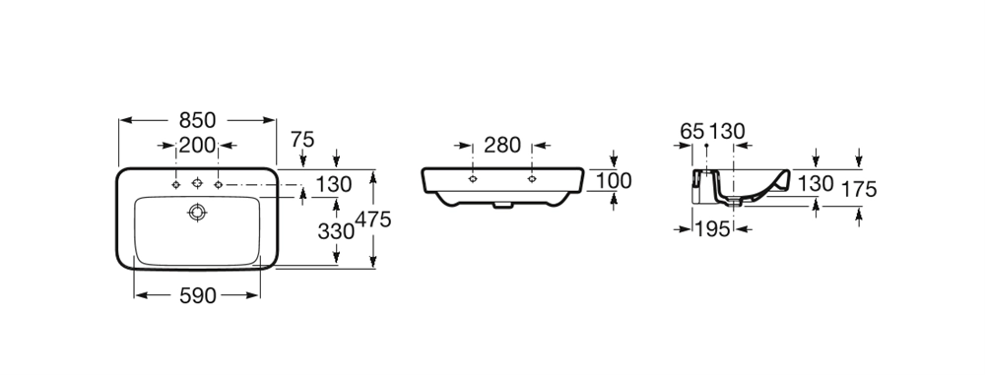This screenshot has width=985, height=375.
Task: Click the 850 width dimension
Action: [x=197, y=119]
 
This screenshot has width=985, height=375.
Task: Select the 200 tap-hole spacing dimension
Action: [x=197, y=145]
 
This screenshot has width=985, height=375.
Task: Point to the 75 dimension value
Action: [x=302, y=140]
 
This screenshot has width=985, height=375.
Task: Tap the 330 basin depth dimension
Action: [x=336, y=231]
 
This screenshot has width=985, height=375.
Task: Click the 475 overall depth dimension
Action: [x=373, y=219]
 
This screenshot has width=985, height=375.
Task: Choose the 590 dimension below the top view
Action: [x=198, y=295]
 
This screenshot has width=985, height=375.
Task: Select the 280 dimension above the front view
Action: [x=502, y=145]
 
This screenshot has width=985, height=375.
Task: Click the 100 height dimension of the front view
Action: [x=614, y=180]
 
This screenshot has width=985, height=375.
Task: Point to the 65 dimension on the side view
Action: [x=692, y=131]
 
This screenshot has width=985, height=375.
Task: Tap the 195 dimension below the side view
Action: [x=713, y=229]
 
